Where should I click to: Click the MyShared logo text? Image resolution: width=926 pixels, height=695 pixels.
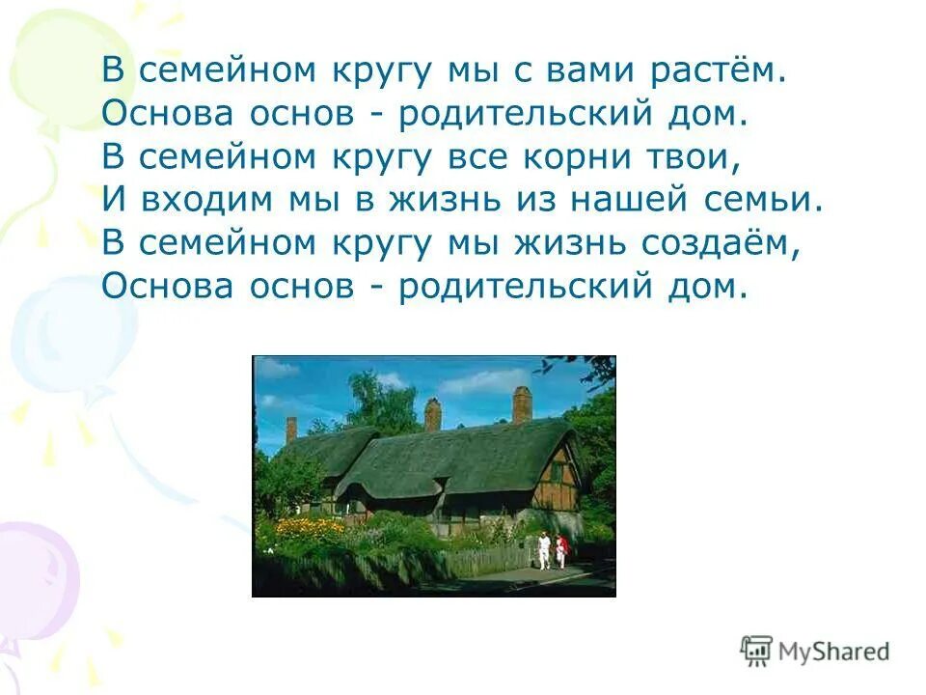[835, 651]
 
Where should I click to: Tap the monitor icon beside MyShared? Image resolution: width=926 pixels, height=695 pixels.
[756, 651]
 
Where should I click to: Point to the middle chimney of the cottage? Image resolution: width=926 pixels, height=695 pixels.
[432, 414]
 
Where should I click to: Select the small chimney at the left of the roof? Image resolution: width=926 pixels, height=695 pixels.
[291, 430]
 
